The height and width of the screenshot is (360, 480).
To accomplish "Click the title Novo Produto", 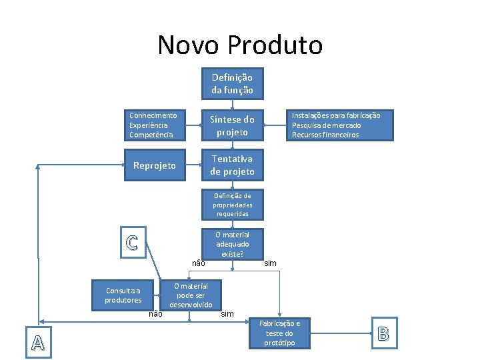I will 240,45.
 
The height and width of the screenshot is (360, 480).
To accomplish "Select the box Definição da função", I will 232,84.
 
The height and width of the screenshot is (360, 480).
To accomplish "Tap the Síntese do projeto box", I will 232,125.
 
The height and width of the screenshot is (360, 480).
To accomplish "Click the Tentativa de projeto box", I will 232,165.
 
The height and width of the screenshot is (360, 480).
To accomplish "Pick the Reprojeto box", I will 155,165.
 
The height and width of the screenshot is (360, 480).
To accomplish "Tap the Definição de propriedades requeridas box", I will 232,205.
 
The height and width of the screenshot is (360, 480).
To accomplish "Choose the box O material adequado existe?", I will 232,244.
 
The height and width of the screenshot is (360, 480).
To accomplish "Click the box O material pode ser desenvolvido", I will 191,295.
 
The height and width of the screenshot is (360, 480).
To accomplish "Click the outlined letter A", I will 37,342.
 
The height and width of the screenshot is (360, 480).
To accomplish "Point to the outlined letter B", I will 383,333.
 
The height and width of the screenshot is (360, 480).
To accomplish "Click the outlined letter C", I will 132,243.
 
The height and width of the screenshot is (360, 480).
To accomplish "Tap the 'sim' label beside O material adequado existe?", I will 270,264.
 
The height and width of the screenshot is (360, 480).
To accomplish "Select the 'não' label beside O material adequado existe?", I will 198,263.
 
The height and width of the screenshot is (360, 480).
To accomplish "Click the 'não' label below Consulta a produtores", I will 155,313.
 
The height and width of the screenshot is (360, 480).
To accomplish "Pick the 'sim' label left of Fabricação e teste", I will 227,313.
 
